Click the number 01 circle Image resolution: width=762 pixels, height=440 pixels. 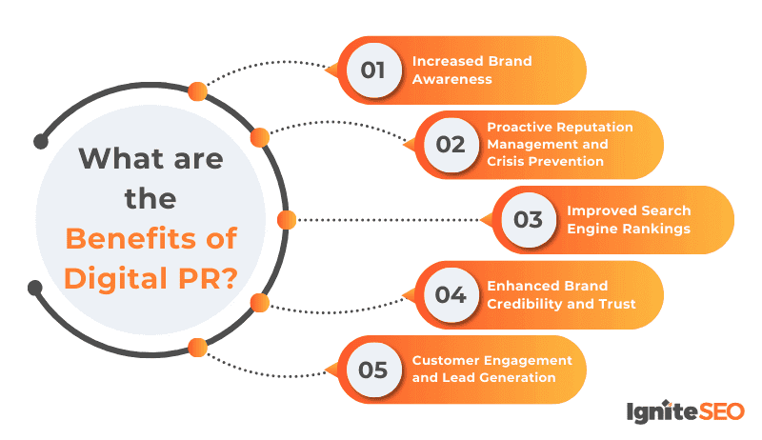point(371,70)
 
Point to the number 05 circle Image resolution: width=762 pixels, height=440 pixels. point(371,369)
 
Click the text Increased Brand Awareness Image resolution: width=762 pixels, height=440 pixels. point(471,70)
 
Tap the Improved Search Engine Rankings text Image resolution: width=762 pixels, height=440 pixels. point(628,219)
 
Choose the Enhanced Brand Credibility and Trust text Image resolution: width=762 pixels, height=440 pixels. point(560,294)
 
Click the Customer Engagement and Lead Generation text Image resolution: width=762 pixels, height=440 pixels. point(491,369)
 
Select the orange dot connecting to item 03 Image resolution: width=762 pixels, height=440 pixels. point(286,220)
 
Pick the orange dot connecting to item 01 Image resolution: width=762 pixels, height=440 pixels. point(198,91)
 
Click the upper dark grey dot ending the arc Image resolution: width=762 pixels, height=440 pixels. point(40,142)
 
